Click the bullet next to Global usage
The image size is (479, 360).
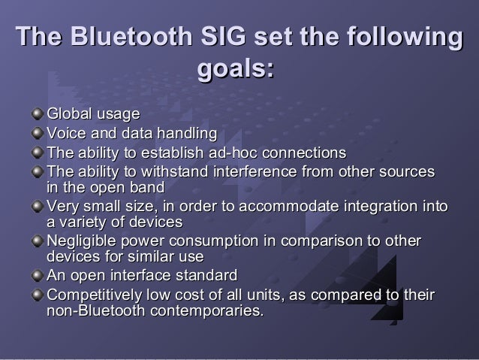38,115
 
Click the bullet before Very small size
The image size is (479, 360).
38,207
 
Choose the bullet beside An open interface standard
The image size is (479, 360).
38,275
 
